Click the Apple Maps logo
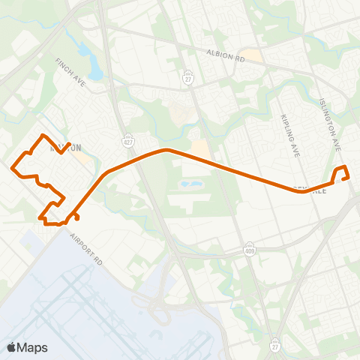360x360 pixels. (27, 347)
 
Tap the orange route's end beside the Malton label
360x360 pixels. (70, 143)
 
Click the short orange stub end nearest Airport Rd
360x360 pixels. (78, 220)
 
